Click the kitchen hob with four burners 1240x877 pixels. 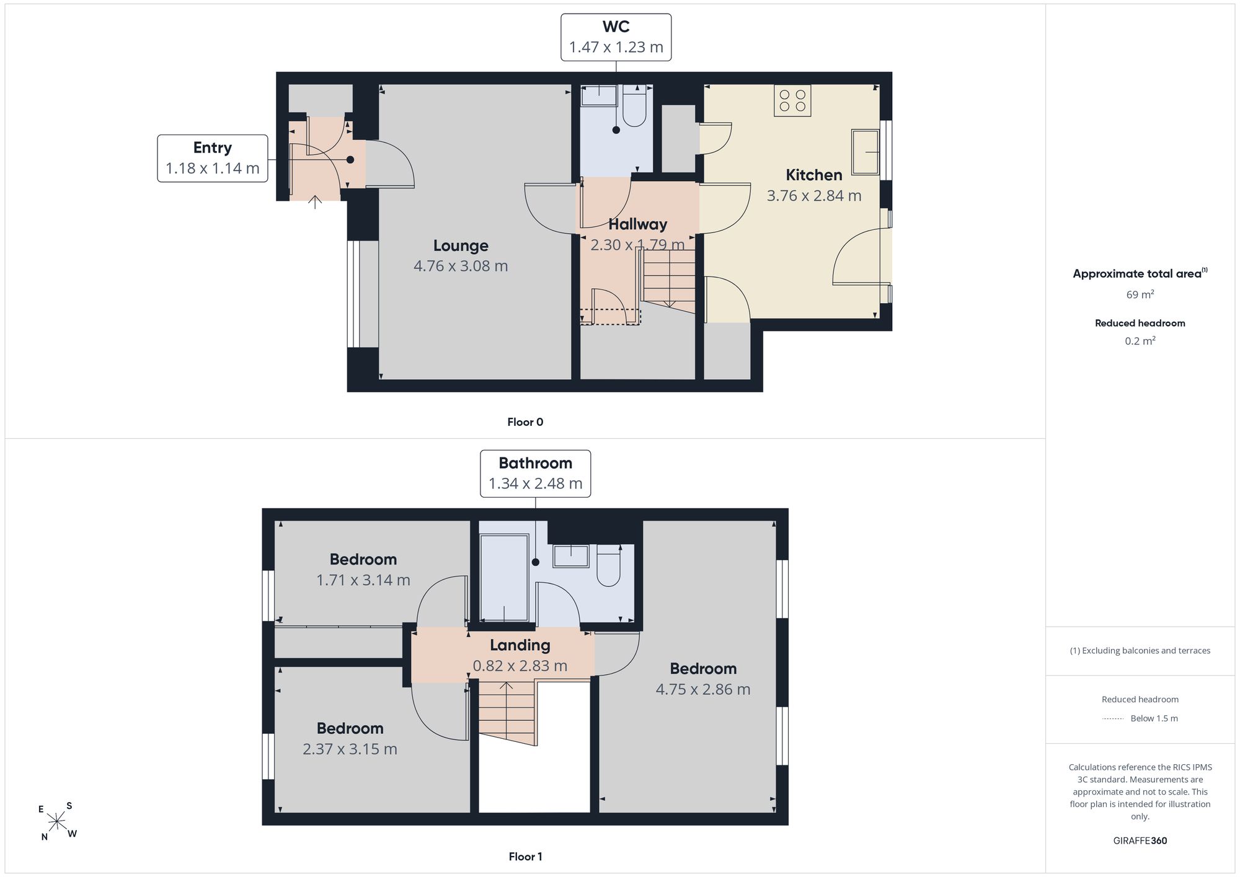(792, 100)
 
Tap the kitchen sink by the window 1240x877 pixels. (866, 152)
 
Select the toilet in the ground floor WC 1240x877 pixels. (634, 106)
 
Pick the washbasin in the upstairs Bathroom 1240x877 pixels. (571, 556)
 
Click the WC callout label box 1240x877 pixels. (616, 37)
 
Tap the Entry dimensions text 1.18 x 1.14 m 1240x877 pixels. (213, 169)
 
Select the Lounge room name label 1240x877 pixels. (461, 245)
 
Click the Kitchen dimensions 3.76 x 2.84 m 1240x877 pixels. (814, 196)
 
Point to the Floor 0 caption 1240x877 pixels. (525, 422)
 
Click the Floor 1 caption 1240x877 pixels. (525, 857)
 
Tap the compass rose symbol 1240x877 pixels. (57, 822)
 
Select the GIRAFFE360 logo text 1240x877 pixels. (1140, 841)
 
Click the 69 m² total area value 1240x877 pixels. (1140, 294)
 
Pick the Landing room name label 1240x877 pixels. (520, 645)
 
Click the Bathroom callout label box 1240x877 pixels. (536, 474)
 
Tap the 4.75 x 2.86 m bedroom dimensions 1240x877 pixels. (703, 689)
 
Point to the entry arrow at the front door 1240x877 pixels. (315, 202)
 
